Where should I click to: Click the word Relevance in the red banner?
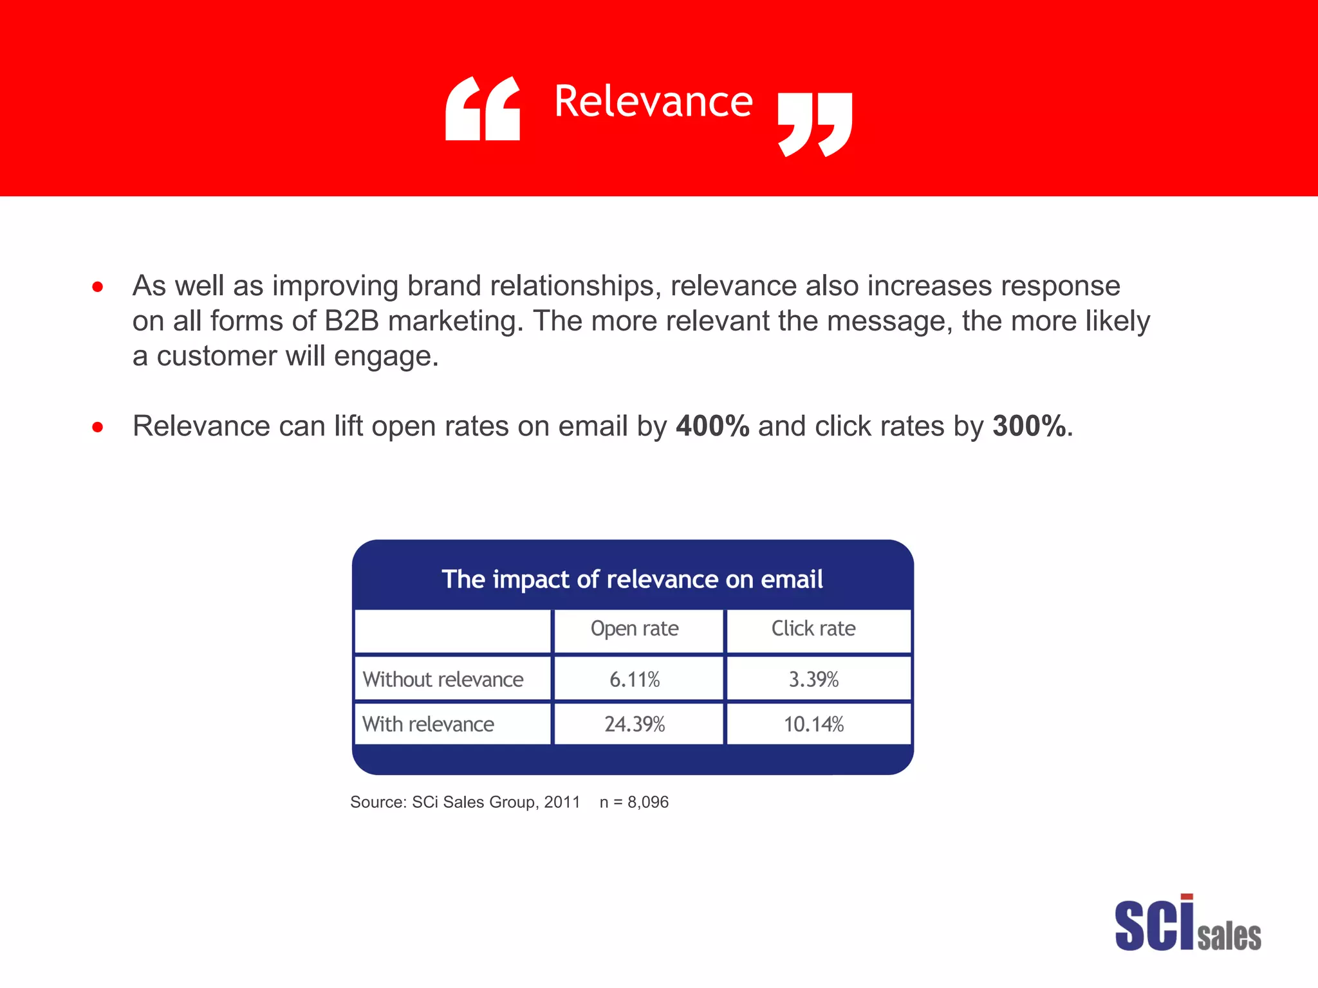(653, 102)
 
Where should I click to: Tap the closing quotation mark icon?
(815, 123)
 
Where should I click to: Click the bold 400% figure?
(712, 426)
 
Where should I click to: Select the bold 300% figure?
(1029, 426)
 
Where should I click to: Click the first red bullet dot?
(98, 287)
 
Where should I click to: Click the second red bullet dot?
(98, 426)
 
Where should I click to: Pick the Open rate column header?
(635, 628)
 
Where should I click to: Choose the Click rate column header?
(813, 628)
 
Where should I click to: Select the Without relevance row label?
(443, 679)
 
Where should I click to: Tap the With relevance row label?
(428, 724)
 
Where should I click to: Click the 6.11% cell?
(635, 679)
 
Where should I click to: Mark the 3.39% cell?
(813, 679)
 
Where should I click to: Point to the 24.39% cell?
(635, 724)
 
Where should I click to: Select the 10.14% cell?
(813, 724)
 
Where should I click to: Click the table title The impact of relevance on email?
(632, 579)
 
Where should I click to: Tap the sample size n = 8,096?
(634, 802)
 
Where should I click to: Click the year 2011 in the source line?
(562, 802)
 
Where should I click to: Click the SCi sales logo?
(1187, 924)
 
